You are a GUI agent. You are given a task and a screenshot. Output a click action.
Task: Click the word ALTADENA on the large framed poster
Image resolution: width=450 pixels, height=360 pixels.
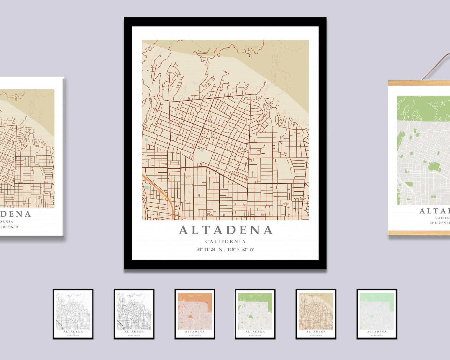click(x=226, y=230)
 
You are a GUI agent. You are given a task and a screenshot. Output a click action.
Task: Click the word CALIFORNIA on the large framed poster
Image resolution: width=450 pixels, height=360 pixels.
click(x=226, y=242)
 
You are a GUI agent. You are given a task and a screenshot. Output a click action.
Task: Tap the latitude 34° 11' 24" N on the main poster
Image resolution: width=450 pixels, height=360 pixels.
click(x=209, y=249)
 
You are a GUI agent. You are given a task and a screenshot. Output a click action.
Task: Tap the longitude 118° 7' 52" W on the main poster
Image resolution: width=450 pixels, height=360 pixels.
click(x=241, y=249)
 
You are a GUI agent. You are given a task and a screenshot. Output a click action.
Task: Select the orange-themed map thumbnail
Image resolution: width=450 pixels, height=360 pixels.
click(x=195, y=314)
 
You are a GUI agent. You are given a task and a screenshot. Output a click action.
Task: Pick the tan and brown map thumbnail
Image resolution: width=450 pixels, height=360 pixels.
click(x=316, y=314)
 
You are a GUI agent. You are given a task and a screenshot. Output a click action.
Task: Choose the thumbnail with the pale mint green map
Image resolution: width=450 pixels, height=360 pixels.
click(x=377, y=314)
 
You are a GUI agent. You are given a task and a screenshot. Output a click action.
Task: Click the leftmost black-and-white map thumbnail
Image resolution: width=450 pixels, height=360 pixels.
click(x=73, y=314)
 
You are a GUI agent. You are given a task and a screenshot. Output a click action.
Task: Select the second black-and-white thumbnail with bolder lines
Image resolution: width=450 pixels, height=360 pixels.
click(x=134, y=314)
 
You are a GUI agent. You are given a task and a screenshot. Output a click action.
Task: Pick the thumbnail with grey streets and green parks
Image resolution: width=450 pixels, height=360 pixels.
click(x=255, y=314)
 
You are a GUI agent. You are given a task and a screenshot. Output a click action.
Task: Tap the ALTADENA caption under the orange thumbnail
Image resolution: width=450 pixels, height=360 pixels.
click(x=195, y=332)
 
